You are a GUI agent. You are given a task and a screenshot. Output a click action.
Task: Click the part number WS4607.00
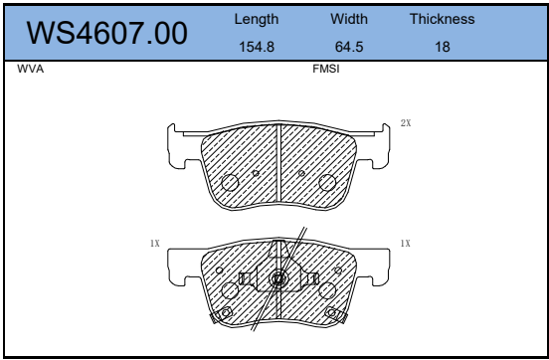click(x=106, y=34)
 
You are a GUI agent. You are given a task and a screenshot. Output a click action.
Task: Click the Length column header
click(x=257, y=19)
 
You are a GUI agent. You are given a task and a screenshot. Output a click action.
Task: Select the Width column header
click(x=349, y=19)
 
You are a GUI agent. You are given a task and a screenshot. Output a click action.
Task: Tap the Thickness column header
click(x=443, y=19)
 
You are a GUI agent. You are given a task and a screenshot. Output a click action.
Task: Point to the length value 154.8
click(x=257, y=47)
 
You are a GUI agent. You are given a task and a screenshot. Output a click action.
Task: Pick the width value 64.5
click(x=349, y=47)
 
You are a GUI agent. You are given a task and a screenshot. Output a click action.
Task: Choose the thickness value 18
click(x=443, y=47)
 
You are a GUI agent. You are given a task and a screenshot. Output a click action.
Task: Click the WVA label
click(x=31, y=69)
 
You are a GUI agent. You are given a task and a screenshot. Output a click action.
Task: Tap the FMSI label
click(x=326, y=69)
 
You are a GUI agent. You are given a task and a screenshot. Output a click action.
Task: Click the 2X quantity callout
click(x=406, y=123)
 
